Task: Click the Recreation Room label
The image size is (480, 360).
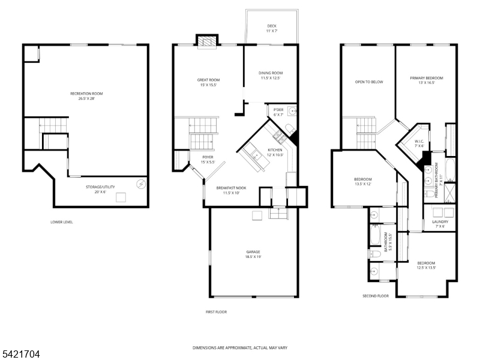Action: (x=87, y=94)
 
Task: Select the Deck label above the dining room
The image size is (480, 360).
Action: (x=272, y=26)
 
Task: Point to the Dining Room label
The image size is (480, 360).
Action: (x=271, y=73)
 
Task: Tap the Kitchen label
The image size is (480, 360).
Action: (x=275, y=150)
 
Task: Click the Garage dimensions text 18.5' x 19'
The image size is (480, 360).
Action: (x=253, y=257)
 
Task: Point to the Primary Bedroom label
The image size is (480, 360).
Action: (x=426, y=78)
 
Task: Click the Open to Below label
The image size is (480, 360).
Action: (x=368, y=82)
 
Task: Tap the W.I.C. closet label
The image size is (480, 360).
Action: (x=419, y=142)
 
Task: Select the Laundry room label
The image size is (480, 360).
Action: (x=440, y=221)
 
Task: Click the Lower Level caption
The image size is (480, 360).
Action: (x=62, y=222)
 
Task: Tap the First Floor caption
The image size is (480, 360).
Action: (x=216, y=312)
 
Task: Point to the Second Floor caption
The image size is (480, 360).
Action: (x=376, y=296)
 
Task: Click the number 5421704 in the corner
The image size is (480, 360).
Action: (x=20, y=355)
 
